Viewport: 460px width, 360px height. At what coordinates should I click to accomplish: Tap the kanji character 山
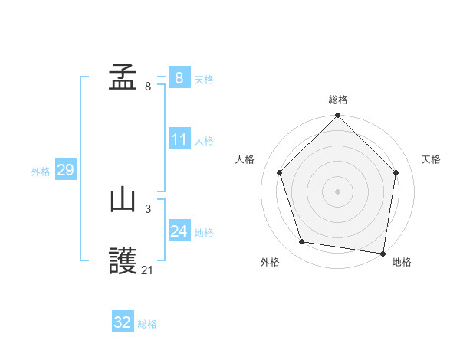click(123, 201)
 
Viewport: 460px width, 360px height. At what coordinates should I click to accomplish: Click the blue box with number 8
click(179, 78)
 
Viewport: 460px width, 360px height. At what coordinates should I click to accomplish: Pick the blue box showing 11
click(179, 139)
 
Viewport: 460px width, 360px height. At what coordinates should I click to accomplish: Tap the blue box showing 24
click(179, 231)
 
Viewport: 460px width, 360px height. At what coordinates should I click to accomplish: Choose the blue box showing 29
click(65, 170)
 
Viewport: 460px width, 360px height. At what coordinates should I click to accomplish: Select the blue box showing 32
click(123, 322)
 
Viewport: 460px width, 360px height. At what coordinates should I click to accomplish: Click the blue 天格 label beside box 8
click(204, 79)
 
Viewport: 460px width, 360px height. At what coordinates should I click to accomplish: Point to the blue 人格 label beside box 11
click(204, 141)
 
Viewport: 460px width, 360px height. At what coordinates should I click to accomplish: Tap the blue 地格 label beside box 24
click(204, 233)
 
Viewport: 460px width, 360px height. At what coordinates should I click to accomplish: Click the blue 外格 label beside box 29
click(41, 172)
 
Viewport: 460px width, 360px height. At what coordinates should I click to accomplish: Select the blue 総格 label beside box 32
click(147, 324)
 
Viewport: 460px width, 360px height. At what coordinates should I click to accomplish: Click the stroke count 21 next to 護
click(148, 270)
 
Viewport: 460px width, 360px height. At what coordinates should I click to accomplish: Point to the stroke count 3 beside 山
click(148, 208)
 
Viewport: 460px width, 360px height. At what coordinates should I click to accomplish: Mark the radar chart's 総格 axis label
click(338, 100)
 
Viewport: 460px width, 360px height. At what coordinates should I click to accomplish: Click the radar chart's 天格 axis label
click(432, 159)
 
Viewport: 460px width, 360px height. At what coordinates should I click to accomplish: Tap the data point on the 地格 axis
click(382, 253)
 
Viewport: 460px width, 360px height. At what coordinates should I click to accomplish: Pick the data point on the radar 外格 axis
click(302, 242)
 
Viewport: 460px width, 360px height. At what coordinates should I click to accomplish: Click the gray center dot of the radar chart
click(338, 191)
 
